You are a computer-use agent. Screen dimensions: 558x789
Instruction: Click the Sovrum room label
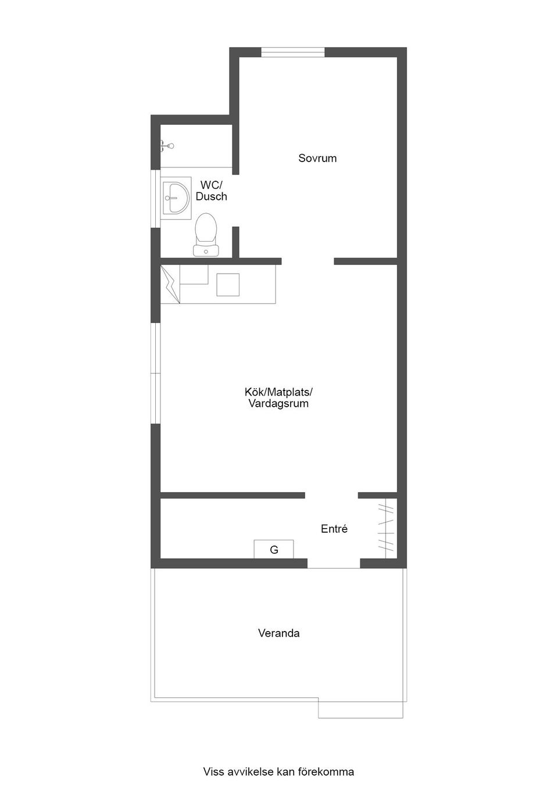(x=317, y=158)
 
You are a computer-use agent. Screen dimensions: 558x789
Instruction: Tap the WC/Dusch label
(x=211, y=191)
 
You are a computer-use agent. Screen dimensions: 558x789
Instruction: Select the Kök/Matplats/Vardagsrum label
(x=278, y=397)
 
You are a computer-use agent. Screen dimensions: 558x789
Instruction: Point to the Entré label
(x=334, y=529)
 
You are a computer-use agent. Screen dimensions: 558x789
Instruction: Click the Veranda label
(x=278, y=633)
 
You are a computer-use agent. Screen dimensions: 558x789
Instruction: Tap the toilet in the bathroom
(x=206, y=234)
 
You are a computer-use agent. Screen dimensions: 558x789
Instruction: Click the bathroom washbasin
(x=176, y=198)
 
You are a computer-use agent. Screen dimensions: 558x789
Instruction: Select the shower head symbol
(x=167, y=145)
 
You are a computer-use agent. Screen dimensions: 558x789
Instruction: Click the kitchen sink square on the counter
(x=228, y=284)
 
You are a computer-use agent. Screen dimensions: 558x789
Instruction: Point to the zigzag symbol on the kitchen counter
(x=170, y=284)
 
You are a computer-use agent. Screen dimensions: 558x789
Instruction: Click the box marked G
(x=274, y=549)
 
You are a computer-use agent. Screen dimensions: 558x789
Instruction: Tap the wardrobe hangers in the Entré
(x=386, y=528)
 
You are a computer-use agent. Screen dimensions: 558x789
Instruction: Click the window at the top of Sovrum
(x=293, y=52)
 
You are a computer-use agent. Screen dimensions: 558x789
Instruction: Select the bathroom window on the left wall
(x=156, y=199)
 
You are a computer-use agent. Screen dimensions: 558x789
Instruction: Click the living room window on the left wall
(x=156, y=373)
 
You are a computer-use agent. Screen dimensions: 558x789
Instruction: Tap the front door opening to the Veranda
(x=334, y=563)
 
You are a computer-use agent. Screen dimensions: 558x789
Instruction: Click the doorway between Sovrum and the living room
(x=307, y=261)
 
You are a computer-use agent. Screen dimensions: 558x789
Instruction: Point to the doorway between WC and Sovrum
(x=235, y=201)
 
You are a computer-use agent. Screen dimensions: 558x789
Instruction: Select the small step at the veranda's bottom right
(x=361, y=709)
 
